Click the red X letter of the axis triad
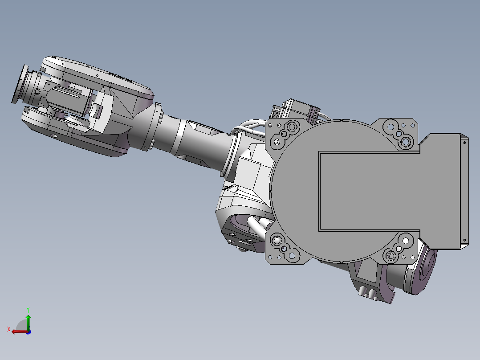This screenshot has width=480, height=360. point(8,329)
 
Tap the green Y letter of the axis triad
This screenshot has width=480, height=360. point(28,309)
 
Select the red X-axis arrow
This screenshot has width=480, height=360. point(18,331)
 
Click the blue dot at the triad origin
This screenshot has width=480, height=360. point(28,331)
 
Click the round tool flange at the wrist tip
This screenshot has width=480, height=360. point(19,85)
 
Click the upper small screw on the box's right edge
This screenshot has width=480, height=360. point(464,143)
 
